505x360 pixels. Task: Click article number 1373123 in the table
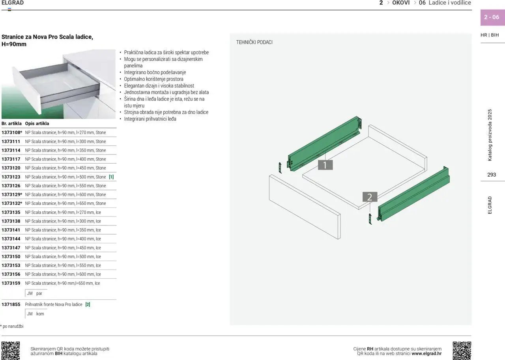11,177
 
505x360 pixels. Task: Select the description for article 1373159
62,283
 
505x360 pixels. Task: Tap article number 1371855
11,304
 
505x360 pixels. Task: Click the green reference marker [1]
111,177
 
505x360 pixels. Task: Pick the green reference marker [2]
88,304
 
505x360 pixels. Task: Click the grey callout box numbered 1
325,165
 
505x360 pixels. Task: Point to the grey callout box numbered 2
370,197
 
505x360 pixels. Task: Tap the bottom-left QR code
11,351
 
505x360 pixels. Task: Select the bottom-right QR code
462,351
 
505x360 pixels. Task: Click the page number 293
492,175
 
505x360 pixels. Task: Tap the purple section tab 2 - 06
492,17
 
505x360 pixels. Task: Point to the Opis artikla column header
37,123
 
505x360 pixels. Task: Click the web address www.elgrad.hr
426,353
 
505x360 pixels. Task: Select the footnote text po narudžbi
13,326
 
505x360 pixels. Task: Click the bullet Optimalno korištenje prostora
153,79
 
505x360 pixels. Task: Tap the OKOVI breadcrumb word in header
401,3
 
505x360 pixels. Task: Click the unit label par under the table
39,293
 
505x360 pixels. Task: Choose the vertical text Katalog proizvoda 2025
490,135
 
